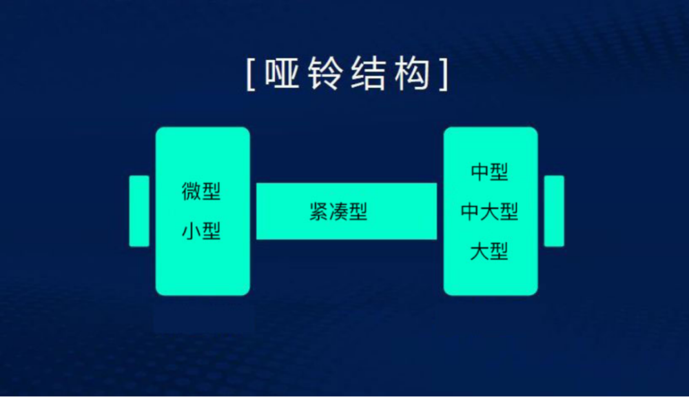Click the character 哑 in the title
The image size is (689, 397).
pos(282,74)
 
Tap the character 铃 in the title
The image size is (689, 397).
pos(325,74)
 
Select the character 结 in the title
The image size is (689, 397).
pos(368,74)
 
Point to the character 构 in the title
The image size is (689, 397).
pos(412,74)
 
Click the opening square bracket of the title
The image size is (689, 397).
pos(251,74)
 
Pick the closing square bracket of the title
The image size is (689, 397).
pos(444,74)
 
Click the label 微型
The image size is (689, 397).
pos(201,191)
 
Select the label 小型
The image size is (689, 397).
pos(201,231)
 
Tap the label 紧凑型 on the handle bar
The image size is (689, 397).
pos(338,212)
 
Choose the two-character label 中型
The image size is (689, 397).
pos(489,172)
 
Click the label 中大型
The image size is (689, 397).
pos(489,212)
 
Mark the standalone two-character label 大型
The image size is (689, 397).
pos(489,252)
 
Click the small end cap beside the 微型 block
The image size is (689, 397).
pos(139,211)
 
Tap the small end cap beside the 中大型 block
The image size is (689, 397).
pos(554,211)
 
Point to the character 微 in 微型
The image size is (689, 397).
pos(192,191)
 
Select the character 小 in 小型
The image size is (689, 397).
pos(192,231)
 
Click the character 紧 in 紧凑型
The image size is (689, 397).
pos(319,212)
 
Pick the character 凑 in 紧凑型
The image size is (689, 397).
pos(338,212)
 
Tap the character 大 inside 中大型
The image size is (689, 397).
pos(489,212)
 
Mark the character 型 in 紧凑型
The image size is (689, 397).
pos(358,212)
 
